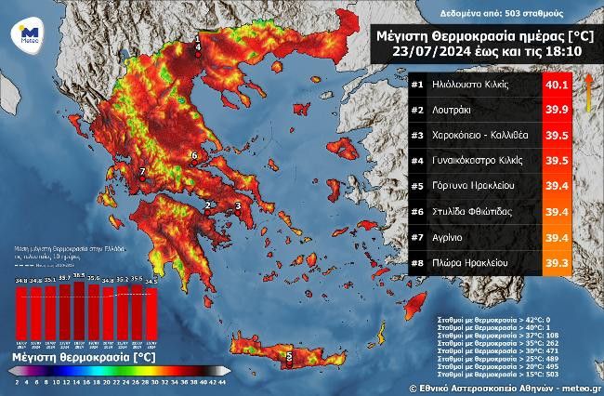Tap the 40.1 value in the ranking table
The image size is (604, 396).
point(556,85)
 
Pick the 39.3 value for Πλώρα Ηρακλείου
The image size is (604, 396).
point(556,263)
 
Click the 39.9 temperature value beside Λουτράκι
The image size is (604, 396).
point(556,110)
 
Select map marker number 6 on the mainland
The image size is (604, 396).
point(193,155)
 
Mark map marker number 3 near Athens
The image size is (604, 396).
point(238,206)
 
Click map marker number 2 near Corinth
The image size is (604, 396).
point(209,205)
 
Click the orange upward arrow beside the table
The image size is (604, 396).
point(587,92)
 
